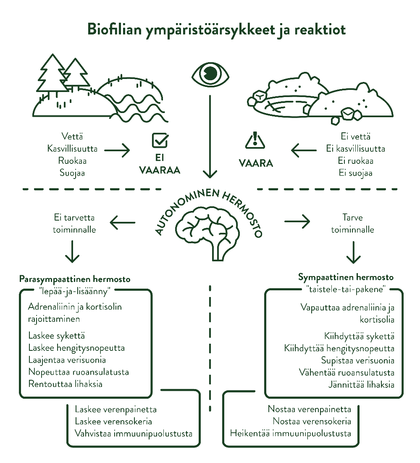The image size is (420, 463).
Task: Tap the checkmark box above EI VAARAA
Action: tap(160, 141)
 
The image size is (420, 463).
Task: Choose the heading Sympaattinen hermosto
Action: tap(346, 277)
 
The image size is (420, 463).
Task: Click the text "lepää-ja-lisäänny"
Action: tap(74, 291)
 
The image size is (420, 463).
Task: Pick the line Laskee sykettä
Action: tap(57, 336)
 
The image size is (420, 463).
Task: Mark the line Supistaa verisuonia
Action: tap(358, 360)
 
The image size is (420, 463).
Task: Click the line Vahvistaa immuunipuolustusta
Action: tap(134, 433)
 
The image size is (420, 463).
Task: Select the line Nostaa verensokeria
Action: tap(312, 421)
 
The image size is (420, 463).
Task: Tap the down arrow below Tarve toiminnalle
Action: tap(353, 253)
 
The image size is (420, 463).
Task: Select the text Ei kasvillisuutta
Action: tap(355, 149)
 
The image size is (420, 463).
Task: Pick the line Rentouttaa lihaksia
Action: tap(65, 384)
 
